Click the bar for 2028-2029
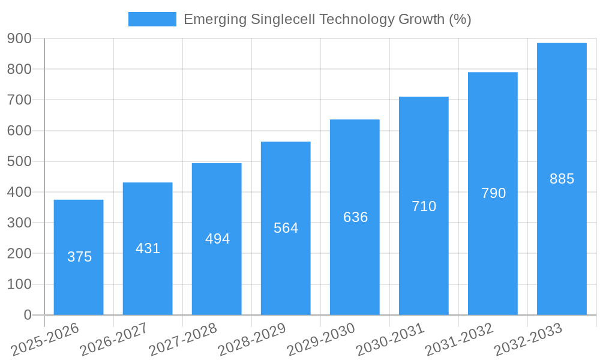coord(286,270)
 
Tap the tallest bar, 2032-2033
coord(562,240)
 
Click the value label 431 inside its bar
coord(148,248)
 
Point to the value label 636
coord(355,217)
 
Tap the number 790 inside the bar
coord(493,193)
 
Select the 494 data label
coord(217,239)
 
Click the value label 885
coord(562,179)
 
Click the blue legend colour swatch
coord(152,19)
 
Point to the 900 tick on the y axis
coord(19,38)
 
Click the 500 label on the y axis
coord(19,161)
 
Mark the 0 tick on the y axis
coord(28,314)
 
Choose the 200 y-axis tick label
coord(19,253)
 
